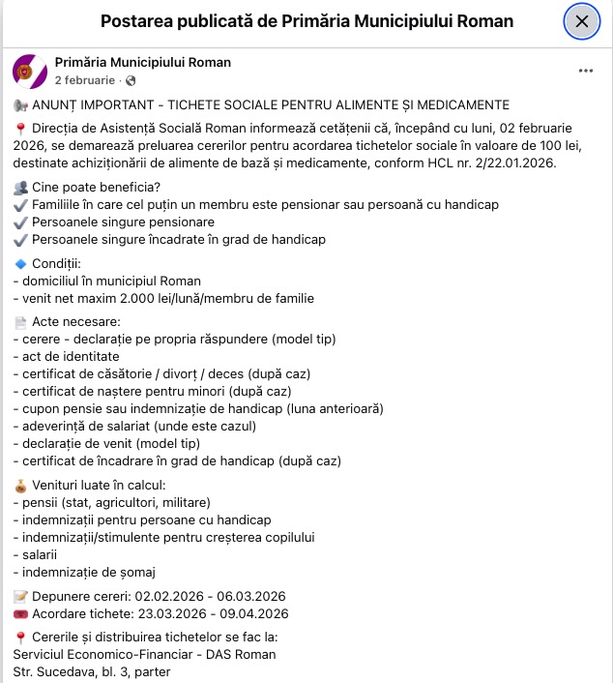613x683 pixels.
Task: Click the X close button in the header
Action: point(581,21)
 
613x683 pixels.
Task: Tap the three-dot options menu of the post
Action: point(586,71)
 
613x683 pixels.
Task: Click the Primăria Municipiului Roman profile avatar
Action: point(30,71)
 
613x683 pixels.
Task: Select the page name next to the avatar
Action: point(143,63)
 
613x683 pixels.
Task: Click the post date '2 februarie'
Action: point(84,80)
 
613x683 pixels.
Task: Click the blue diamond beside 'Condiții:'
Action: point(20,263)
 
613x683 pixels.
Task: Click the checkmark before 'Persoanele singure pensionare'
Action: point(21,222)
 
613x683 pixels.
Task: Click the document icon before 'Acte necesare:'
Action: point(20,321)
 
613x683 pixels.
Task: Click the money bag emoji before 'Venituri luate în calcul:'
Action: point(20,485)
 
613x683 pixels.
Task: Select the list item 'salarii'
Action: point(39,554)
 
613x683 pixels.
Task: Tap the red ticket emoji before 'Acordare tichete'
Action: point(20,614)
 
